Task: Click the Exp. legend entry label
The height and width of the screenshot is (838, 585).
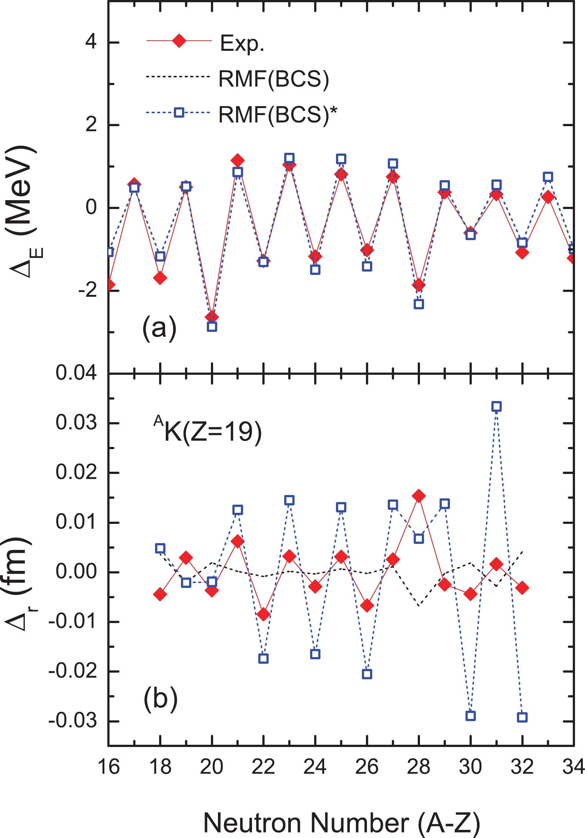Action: pyautogui.click(x=242, y=43)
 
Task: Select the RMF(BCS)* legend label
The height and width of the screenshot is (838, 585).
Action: pyautogui.click(x=278, y=114)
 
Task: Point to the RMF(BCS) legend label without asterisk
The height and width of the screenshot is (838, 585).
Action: pyautogui.click(x=274, y=79)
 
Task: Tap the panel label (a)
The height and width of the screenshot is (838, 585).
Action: pyautogui.click(x=159, y=327)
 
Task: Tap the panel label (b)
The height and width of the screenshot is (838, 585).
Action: pyautogui.click(x=160, y=699)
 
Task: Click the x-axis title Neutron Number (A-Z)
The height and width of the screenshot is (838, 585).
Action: pyautogui.click(x=341, y=822)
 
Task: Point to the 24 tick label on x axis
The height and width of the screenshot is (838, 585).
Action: pyautogui.click(x=315, y=766)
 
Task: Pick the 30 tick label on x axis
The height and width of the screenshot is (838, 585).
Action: pyautogui.click(x=470, y=766)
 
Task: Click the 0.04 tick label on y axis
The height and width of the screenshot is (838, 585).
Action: pyautogui.click(x=76, y=373)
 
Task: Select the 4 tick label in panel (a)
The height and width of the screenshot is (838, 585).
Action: pyautogui.click(x=91, y=41)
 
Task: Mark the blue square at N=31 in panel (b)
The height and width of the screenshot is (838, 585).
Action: pyautogui.click(x=497, y=407)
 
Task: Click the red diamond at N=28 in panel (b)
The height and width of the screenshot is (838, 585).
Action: pyautogui.click(x=419, y=496)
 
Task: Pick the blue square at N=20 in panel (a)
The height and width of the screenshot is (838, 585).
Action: pyautogui.click(x=212, y=326)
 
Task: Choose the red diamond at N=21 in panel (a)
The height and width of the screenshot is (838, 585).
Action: pyautogui.click(x=238, y=161)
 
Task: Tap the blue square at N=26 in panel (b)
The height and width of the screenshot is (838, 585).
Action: pyautogui.click(x=367, y=674)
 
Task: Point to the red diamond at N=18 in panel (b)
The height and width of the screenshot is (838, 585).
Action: pyautogui.click(x=160, y=595)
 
